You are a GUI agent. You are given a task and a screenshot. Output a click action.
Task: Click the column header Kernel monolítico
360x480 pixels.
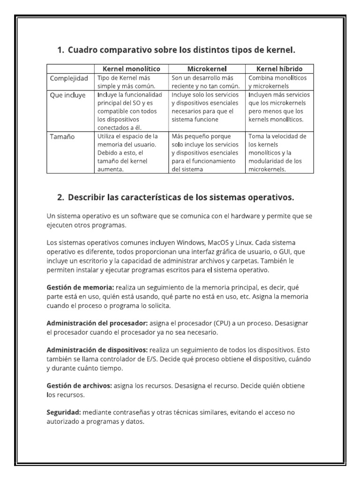pyautogui.click(x=131, y=69)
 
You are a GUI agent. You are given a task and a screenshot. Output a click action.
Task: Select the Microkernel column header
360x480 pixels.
pyautogui.click(x=207, y=69)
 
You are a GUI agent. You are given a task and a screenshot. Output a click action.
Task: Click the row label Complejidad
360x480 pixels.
pyautogui.click(x=69, y=78)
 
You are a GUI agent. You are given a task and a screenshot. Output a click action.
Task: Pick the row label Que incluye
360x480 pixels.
pyautogui.click(x=68, y=95)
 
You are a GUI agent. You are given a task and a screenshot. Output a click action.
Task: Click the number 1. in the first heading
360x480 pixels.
pyautogui.click(x=60, y=50)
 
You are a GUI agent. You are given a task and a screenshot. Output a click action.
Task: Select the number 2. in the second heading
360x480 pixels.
pyautogui.click(x=60, y=197)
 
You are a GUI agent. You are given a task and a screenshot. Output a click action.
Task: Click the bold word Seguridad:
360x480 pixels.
pyautogui.click(x=64, y=412)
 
